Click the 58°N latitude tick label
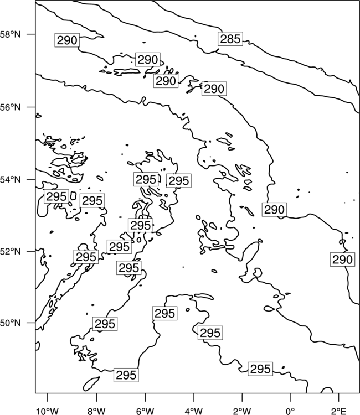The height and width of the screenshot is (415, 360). (11, 34)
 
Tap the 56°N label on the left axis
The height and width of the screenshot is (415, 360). (11, 107)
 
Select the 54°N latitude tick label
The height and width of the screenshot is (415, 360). (11, 179)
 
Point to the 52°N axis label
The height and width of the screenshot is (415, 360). (11, 251)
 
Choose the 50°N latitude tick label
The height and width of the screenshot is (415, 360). (11, 323)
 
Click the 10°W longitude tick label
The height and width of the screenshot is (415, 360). (48, 411)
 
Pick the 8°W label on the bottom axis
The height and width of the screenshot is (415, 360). (96, 411)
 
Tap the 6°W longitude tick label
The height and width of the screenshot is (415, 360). (145, 411)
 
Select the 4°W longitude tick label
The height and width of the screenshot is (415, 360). (194, 411)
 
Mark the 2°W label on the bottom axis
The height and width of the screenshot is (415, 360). (242, 411)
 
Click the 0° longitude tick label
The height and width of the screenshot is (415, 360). (291, 411)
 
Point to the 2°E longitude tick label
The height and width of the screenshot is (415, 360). (339, 411)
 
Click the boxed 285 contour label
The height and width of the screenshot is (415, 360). (230, 39)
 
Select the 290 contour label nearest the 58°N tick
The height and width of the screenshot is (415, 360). (67, 40)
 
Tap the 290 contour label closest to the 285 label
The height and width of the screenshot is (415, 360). (214, 89)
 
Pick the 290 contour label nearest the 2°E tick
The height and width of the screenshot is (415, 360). (342, 260)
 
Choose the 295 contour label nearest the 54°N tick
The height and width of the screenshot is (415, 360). (56, 196)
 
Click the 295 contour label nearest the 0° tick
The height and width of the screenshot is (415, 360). (260, 369)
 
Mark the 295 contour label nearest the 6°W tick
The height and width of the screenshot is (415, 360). (126, 375)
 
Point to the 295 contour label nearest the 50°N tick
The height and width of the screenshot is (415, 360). (105, 324)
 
